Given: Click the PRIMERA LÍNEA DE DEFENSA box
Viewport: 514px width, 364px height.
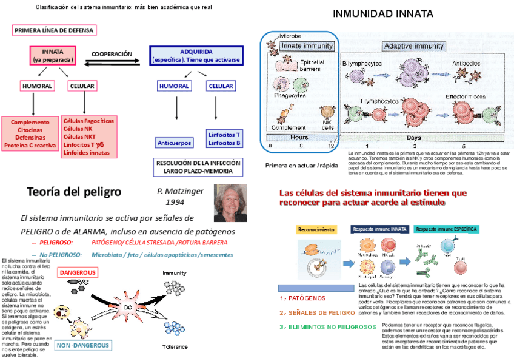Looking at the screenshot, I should tap(54, 30).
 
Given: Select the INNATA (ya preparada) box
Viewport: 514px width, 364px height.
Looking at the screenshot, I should tap(53, 56).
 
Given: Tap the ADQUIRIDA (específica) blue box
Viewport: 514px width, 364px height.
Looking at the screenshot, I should tap(196, 56).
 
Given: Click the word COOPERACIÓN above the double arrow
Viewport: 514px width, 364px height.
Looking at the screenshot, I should tap(112, 54).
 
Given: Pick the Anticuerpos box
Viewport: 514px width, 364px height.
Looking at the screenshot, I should tap(175, 143).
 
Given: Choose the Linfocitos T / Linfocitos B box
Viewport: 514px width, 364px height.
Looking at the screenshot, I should tap(224, 139).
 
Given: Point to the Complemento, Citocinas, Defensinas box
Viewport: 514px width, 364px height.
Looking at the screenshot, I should tap(30, 133).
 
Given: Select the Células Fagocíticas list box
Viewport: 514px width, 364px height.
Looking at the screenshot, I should tap(88, 136).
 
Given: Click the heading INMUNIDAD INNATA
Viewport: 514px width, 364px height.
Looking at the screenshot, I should tap(383, 13).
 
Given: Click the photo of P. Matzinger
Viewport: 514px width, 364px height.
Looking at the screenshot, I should tap(230, 203).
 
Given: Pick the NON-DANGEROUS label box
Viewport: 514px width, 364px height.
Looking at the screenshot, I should tap(83, 346).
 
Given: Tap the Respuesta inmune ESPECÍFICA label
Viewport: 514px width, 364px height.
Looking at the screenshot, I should tap(446, 229).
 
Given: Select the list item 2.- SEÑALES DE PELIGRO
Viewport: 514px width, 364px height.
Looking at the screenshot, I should tap(318, 312).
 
